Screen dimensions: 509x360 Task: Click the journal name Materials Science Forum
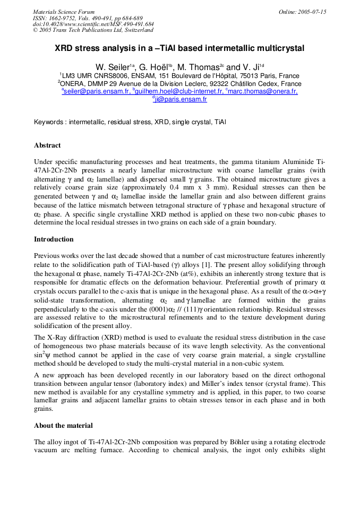point(64,12)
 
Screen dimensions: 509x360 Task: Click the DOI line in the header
point(93,24)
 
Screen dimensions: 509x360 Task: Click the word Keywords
point(49,122)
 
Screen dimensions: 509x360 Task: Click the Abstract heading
point(47,145)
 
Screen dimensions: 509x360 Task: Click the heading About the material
point(63,425)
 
